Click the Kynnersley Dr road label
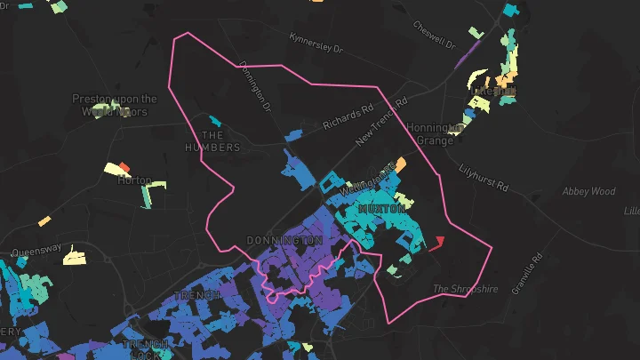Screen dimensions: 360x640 click(x=316, y=44)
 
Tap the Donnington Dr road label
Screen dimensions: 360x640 click(x=255, y=86)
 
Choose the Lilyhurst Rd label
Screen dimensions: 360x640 click(x=484, y=177)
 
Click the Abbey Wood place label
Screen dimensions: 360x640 click(x=588, y=191)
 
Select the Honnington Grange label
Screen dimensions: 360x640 click(x=435, y=133)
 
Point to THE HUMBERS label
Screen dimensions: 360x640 click(x=212, y=140)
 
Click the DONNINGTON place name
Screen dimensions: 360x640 click(x=284, y=241)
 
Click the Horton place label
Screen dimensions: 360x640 click(x=134, y=180)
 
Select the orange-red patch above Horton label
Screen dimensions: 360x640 click(x=125, y=167)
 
